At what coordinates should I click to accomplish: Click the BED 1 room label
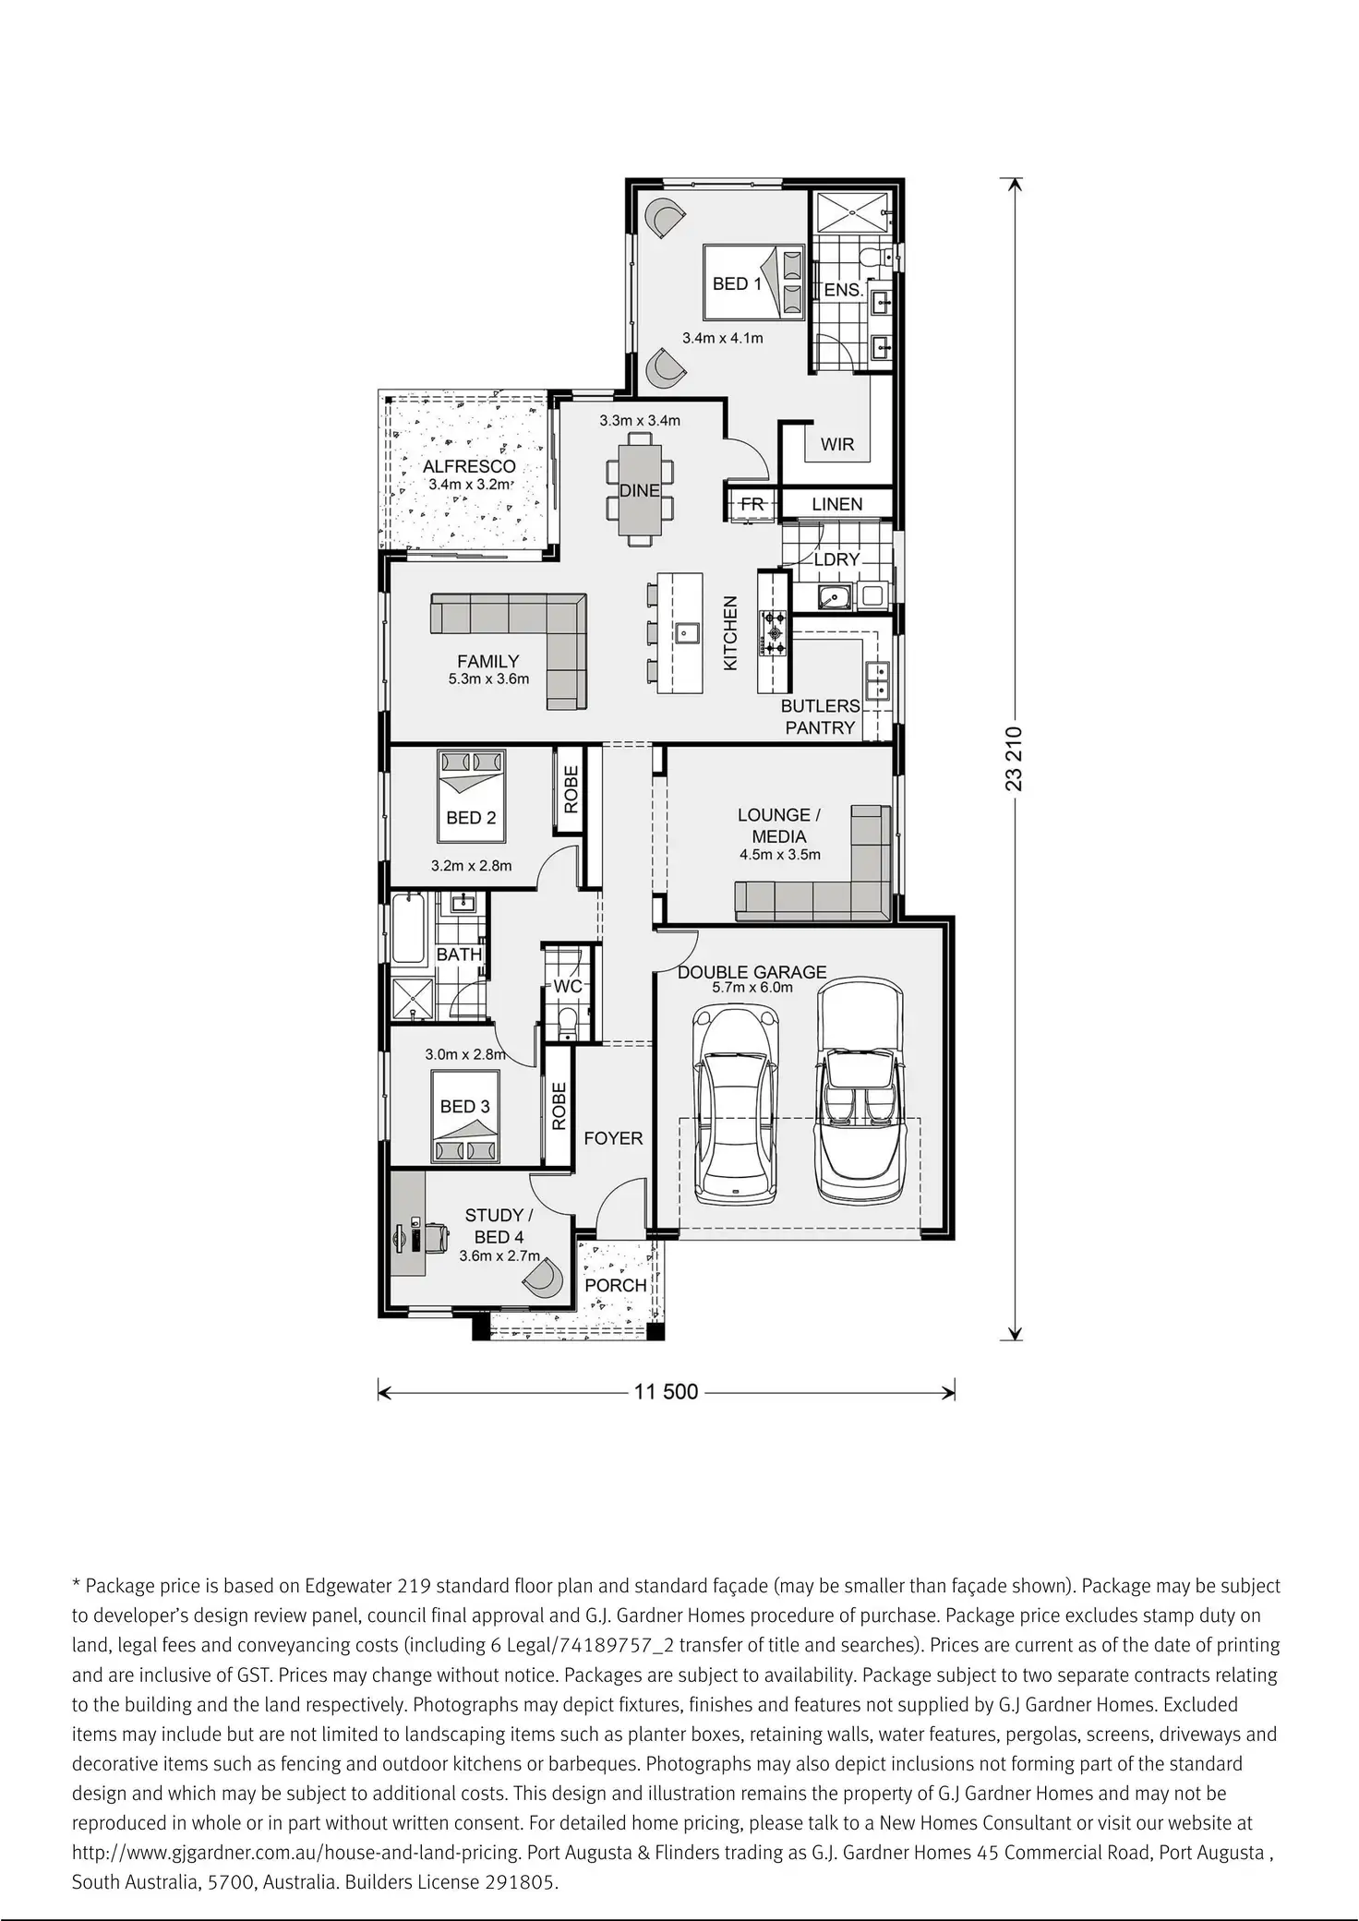[737, 284]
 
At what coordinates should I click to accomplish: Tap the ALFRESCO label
[469, 466]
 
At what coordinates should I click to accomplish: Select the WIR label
[837, 445]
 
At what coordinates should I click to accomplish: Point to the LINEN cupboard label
[837, 504]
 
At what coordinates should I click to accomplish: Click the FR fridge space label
[752, 504]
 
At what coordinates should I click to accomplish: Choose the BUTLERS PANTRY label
[820, 716]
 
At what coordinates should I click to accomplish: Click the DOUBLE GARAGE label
[752, 972]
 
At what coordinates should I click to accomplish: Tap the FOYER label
[613, 1138]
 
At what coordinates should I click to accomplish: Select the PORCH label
[616, 1285]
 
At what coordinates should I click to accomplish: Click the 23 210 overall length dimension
[1015, 759]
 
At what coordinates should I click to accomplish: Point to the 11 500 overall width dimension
[666, 1391]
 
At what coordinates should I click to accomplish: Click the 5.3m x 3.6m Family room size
[488, 679]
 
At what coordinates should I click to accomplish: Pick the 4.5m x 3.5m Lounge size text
[779, 855]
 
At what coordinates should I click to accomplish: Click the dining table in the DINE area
[639, 491]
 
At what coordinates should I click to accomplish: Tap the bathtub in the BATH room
[408, 928]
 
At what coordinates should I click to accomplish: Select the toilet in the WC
[568, 1021]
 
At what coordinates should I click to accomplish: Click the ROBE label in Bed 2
[571, 789]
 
